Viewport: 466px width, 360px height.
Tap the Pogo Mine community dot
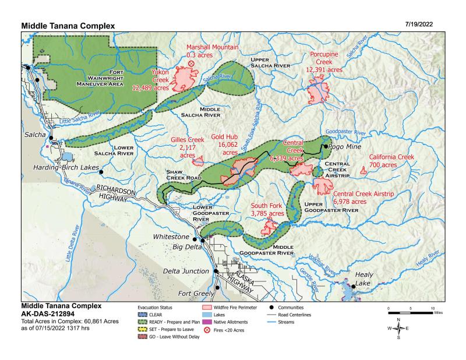point(326,146)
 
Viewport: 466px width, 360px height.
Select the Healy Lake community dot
point(354,286)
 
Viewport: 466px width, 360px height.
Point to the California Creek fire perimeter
point(363,171)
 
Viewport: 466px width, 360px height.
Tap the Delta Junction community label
point(185,271)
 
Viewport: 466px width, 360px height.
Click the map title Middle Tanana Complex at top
point(68,26)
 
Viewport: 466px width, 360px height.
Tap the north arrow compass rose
point(398,328)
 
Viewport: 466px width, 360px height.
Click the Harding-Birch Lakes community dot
point(101,172)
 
